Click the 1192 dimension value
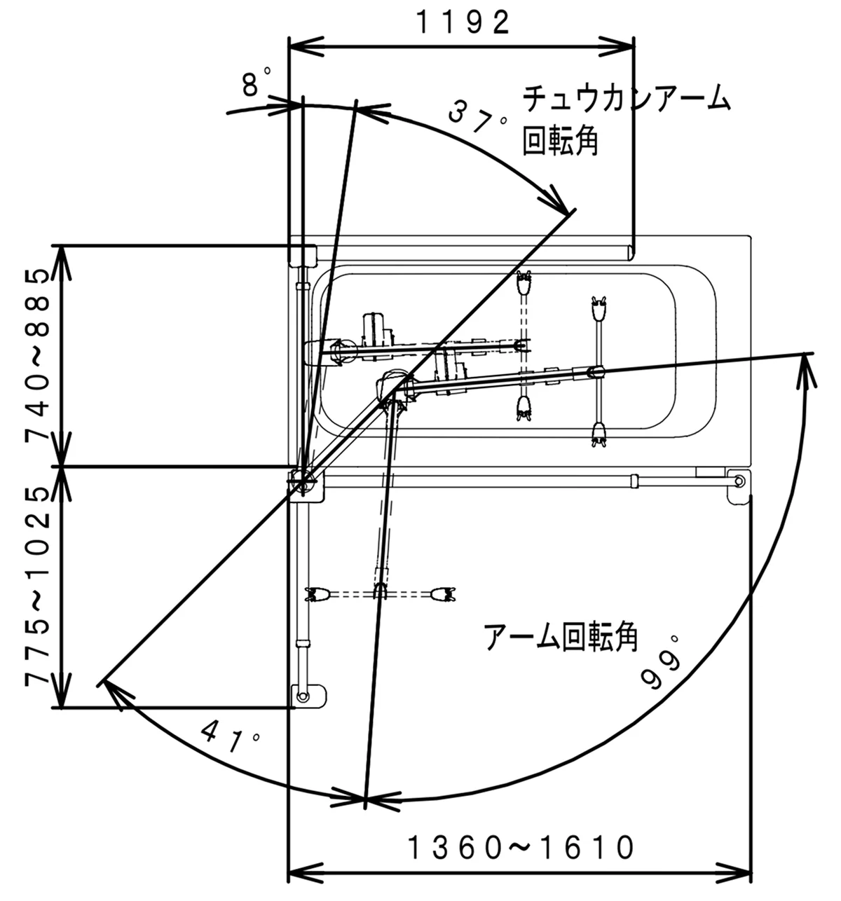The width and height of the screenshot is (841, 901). (x=463, y=22)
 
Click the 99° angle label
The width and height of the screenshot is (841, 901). (x=662, y=666)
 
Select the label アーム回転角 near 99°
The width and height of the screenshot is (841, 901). (x=561, y=638)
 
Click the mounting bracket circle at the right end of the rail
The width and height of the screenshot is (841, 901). (x=739, y=481)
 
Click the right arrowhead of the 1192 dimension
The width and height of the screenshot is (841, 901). (x=624, y=47)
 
